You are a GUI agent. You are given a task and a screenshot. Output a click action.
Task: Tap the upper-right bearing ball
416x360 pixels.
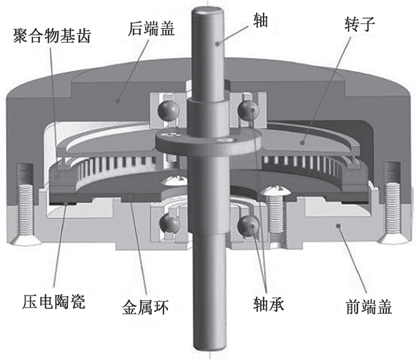[249, 110]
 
